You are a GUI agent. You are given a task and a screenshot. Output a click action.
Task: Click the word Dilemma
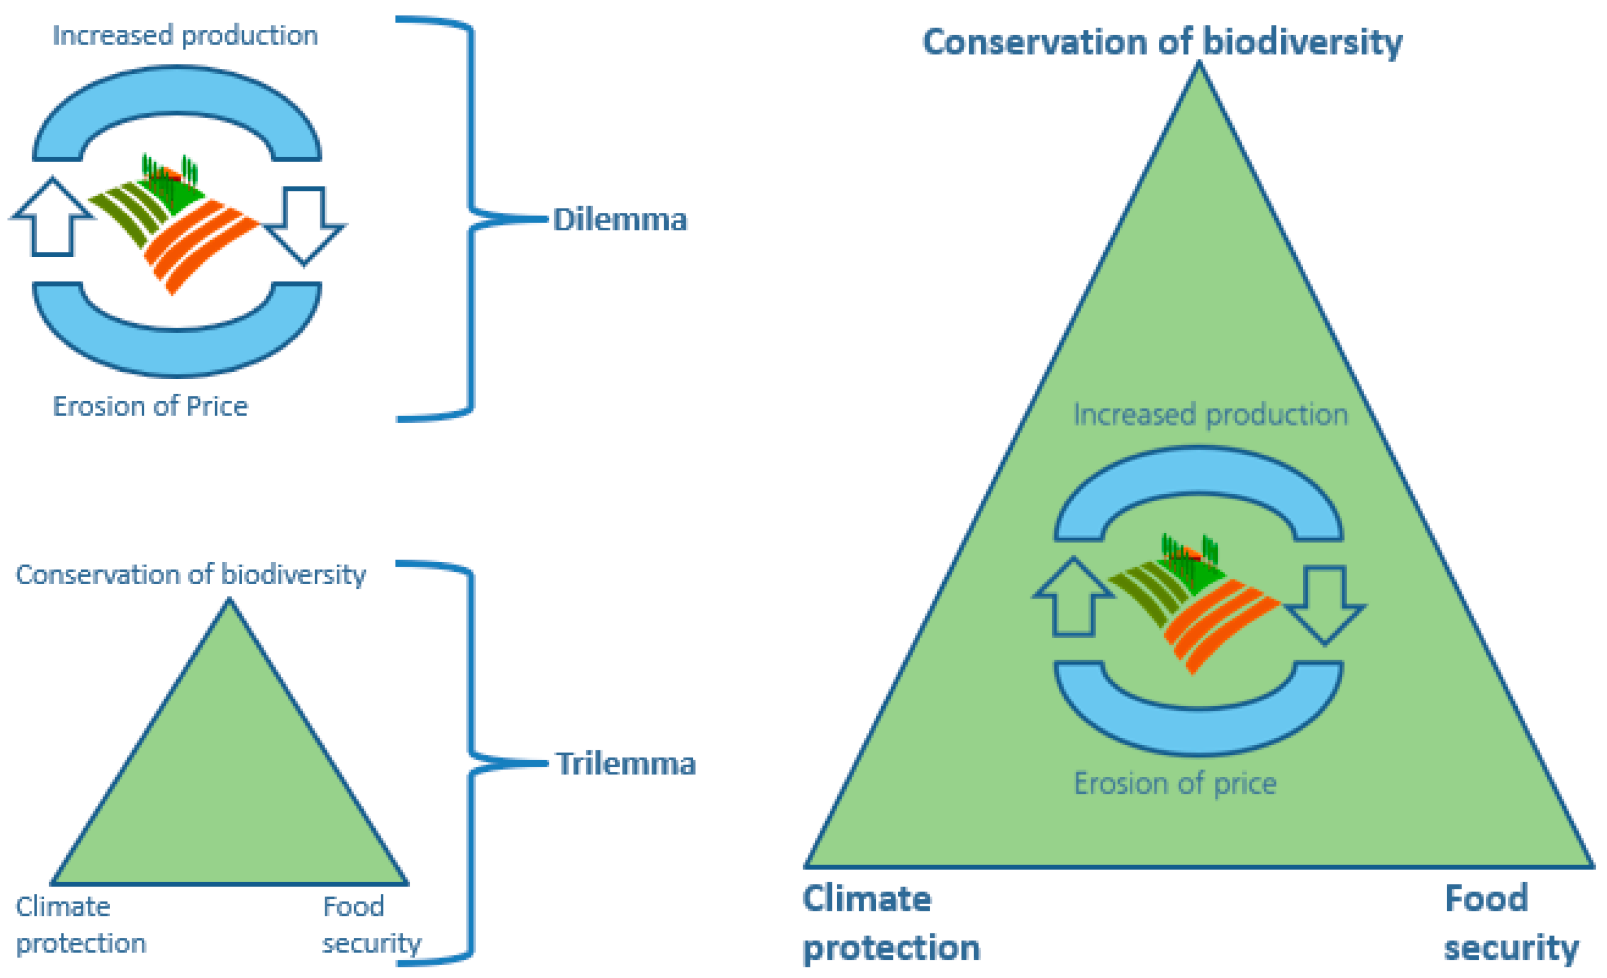[x=620, y=220]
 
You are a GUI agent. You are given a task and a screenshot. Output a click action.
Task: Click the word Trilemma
[x=625, y=764]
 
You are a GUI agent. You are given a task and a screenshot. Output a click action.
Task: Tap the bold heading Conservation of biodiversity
[x=1162, y=42]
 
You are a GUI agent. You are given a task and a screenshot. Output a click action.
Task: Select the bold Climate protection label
[x=890, y=923]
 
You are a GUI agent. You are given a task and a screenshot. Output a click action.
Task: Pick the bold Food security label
[x=1510, y=923]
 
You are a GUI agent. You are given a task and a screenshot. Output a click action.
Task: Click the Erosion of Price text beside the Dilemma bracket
[x=150, y=406]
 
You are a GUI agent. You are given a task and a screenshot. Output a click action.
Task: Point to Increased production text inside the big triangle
[x=1210, y=415]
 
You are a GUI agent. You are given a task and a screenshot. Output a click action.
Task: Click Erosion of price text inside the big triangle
[x=1174, y=784]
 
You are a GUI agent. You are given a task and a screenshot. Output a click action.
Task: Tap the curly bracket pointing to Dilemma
[x=471, y=219]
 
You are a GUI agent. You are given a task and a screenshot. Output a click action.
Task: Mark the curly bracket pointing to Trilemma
[x=471, y=763]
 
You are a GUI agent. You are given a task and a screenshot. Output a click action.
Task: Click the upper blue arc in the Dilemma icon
[x=176, y=92]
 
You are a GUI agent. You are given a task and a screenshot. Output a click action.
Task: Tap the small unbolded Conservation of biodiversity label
[x=190, y=575]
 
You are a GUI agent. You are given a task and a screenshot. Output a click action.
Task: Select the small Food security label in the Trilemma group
[x=371, y=925]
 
